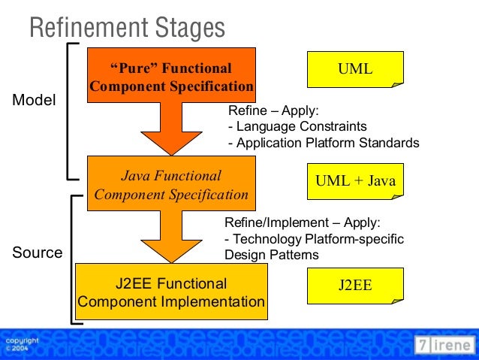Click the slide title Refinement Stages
coord(127,28)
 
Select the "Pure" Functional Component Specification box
coord(172,77)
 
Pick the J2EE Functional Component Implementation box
coord(171,293)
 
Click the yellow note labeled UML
coord(355,69)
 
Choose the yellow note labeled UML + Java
coord(355,181)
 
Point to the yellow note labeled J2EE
coord(355,286)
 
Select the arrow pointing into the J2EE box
coord(172,237)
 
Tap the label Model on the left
coord(35,100)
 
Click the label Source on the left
coord(37,253)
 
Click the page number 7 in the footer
coord(425,345)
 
